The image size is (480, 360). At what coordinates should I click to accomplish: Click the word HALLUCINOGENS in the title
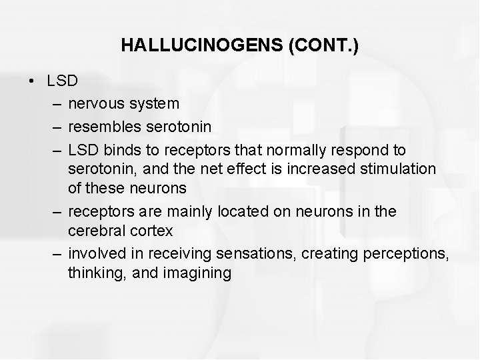tap(185, 45)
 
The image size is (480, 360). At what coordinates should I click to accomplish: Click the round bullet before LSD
tap(32, 82)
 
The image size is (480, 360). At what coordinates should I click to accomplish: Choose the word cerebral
tap(94, 231)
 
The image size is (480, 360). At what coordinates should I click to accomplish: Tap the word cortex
tap(152, 231)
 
